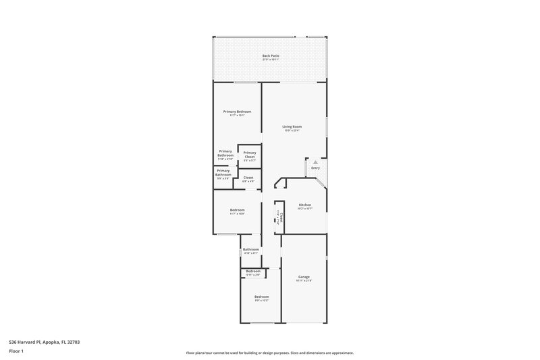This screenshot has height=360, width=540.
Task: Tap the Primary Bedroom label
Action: (x=238, y=112)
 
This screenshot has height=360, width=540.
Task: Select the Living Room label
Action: (x=292, y=126)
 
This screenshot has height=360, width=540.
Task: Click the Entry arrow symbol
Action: (x=315, y=162)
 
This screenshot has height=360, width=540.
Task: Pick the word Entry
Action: (x=315, y=168)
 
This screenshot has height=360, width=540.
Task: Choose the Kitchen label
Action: (x=304, y=205)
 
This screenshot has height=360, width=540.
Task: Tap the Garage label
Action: (x=304, y=277)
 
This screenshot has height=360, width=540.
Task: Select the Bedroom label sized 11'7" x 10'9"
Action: (x=237, y=211)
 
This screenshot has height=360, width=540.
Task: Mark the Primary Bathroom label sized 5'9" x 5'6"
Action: (x=223, y=173)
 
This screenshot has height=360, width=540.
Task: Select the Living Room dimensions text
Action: (x=292, y=131)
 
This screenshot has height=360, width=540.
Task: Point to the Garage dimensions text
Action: (x=304, y=281)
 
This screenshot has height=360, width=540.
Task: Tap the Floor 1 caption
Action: (x=16, y=352)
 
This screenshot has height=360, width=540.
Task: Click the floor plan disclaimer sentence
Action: (x=269, y=353)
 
